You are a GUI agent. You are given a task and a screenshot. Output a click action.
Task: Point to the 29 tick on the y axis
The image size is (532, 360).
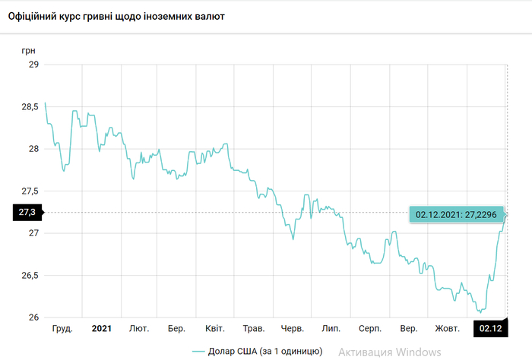[x=33, y=65]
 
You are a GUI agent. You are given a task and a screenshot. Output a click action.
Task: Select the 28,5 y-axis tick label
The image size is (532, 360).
[x=30, y=107]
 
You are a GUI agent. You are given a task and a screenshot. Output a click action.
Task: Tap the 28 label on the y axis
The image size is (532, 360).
[x=33, y=149]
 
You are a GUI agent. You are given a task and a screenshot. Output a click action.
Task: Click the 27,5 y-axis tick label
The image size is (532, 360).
[x=30, y=191]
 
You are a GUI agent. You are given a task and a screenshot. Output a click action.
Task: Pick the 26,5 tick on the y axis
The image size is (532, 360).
[x=30, y=275]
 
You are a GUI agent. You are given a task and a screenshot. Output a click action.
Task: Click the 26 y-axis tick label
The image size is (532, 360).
[x=33, y=317]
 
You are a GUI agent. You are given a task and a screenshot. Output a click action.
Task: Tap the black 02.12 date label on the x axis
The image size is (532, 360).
[x=490, y=329]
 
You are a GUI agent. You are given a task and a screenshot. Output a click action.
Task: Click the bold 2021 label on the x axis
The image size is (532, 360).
[x=102, y=329]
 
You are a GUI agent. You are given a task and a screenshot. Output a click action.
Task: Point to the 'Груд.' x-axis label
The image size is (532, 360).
[x=62, y=329]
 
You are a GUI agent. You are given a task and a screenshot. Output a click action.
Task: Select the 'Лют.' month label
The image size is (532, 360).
[x=139, y=329]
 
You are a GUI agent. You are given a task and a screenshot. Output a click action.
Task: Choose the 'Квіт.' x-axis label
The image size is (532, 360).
[x=215, y=329]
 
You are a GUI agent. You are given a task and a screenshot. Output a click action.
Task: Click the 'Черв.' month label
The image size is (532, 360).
[x=293, y=329]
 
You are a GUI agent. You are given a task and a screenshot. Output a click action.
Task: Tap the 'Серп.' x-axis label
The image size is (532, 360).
[x=369, y=329]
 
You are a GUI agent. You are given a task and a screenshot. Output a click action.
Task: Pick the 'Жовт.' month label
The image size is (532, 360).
[x=447, y=329]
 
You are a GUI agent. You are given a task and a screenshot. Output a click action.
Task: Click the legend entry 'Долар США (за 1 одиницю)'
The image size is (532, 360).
[x=257, y=351]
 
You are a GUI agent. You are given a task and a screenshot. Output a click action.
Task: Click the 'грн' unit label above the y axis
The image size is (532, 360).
[x=29, y=49]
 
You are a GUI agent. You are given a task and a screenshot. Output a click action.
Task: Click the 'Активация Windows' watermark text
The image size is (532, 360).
[x=389, y=352]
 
